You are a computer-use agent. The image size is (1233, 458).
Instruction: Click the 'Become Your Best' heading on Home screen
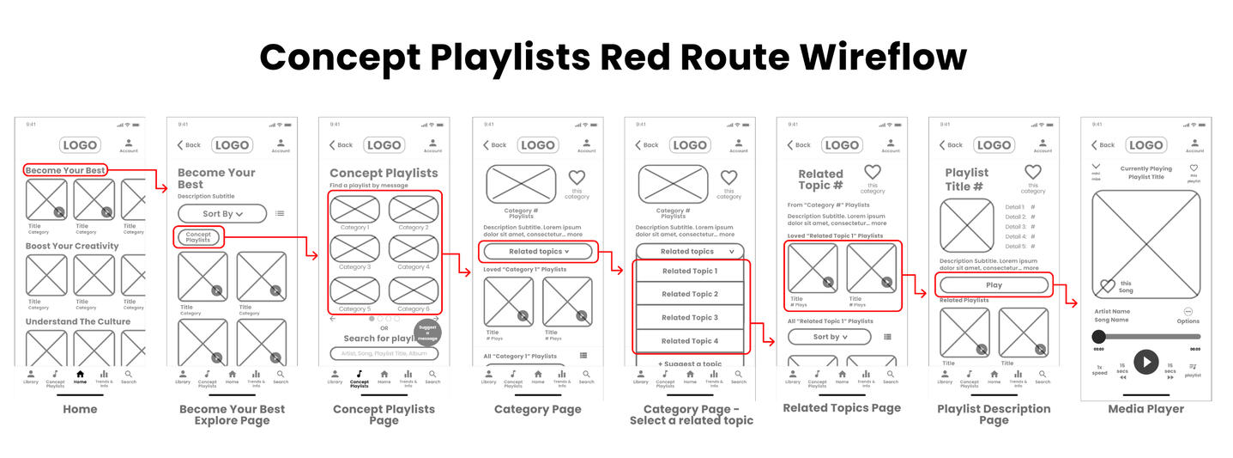[65, 170]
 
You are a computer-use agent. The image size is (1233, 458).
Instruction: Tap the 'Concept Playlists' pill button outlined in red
[198, 237]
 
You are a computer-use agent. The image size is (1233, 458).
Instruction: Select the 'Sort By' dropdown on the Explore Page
[222, 213]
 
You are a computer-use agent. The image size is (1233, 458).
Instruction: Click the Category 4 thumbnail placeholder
[413, 247]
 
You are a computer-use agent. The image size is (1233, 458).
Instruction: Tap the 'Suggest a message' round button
[427, 333]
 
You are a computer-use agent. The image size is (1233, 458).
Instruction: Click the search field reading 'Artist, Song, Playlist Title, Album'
[384, 353]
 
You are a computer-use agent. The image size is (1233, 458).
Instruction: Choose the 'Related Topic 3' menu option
[690, 317]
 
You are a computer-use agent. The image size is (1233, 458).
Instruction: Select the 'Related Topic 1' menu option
[690, 271]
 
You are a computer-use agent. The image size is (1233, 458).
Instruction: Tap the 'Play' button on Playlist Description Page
[994, 285]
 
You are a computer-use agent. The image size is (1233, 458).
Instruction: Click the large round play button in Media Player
[1145, 362]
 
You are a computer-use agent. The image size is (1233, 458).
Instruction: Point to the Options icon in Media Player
[1188, 312]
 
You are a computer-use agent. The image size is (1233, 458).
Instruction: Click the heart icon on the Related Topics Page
[872, 173]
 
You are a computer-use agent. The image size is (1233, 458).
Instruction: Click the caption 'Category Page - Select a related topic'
[691, 414]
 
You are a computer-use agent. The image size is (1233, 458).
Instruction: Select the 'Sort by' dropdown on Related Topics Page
[829, 337]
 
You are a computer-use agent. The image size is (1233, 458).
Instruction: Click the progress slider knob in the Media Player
[1098, 336]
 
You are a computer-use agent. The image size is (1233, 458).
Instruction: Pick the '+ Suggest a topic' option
[690, 363]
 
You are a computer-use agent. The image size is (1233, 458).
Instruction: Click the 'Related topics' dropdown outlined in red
[537, 252]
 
